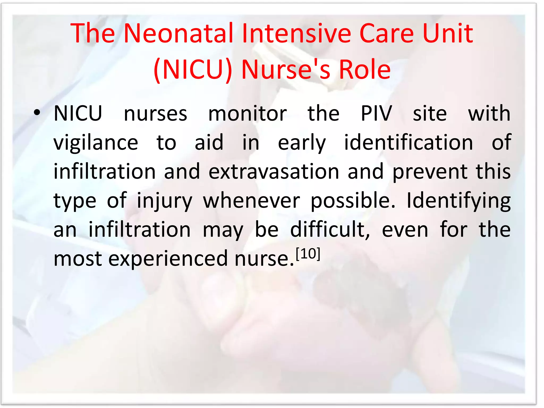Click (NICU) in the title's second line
(x=193, y=70)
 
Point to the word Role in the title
(x=365, y=70)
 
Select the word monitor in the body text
(x=247, y=114)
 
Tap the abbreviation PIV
(x=376, y=114)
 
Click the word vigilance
(x=96, y=143)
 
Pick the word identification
(x=409, y=143)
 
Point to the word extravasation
(x=274, y=172)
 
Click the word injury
(x=164, y=201)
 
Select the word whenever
(x=252, y=201)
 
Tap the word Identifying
(x=458, y=201)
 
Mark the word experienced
(x=168, y=259)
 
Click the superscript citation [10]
(x=308, y=254)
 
